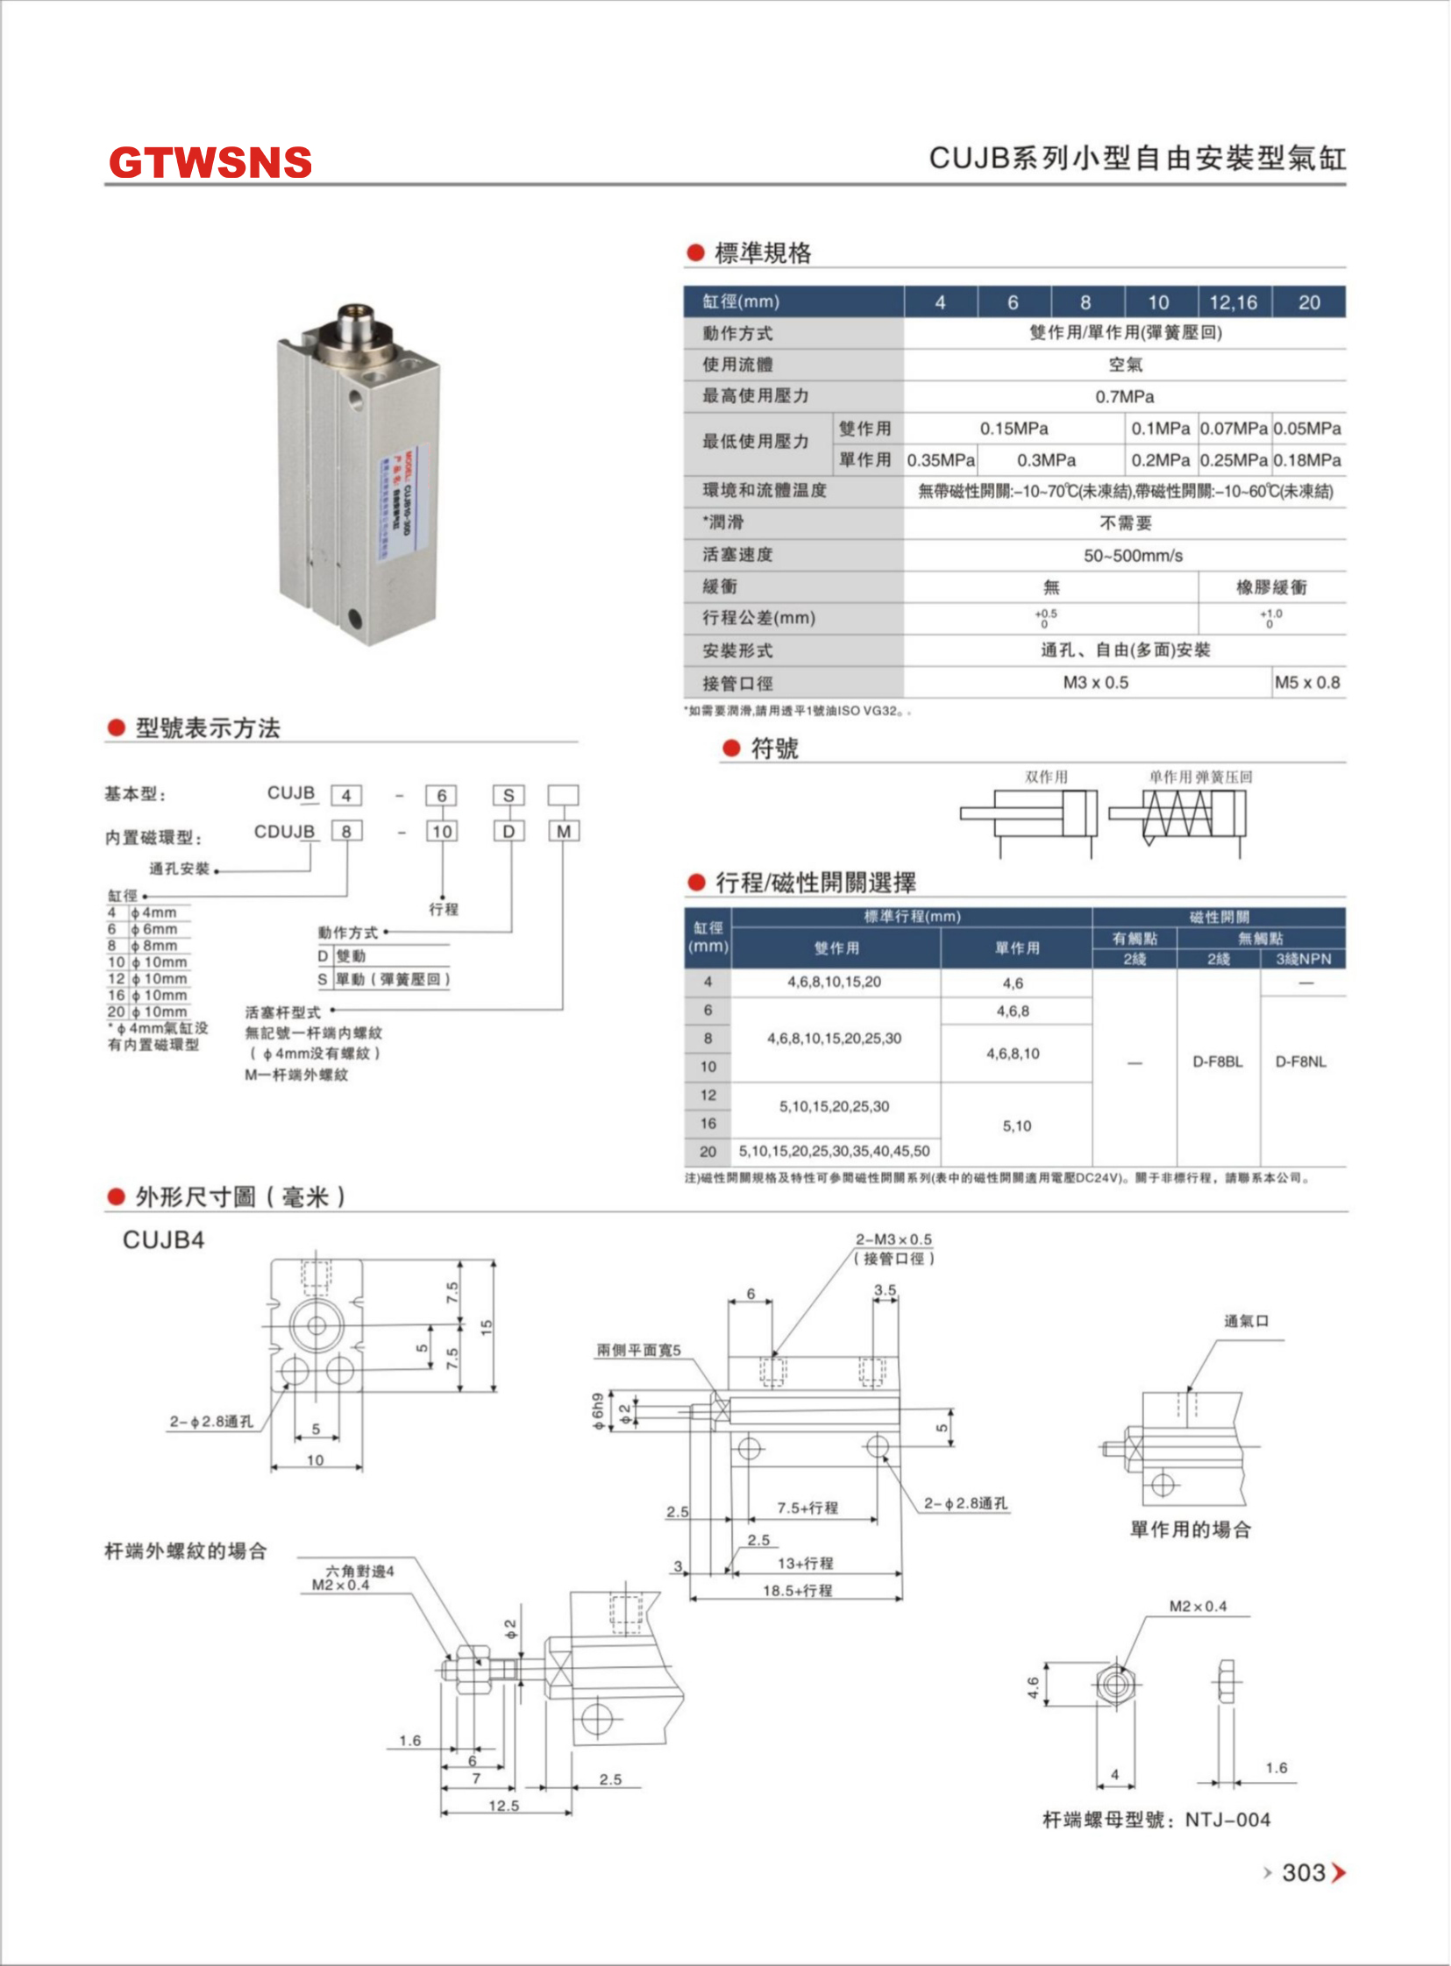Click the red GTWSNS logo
pyautogui.click(x=210, y=162)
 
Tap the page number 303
pyautogui.click(x=1303, y=1872)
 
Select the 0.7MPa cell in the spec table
pyautogui.click(x=1124, y=397)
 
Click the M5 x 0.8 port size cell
pyautogui.click(x=1307, y=682)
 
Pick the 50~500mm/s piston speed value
pyautogui.click(x=1132, y=556)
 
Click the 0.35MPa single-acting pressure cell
pyautogui.click(x=941, y=460)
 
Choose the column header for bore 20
pyautogui.click(x=1309, y=302)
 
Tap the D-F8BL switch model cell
pyautogui.click(x=1218, y=1061)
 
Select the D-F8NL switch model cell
pyautogui.click(x=1301, y=1061)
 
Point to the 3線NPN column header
pyautogui.click(x=1304, y=959)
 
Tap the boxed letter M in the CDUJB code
pyautogui.click(x=564, y=832)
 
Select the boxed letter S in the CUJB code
pyautogui.click(x=509, y=796)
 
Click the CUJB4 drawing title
pyautogui.click(x=163, y=1240)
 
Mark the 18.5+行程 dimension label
pyautogui.click(x=797, y=1590)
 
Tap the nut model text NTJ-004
pyautogui.click(x=1227, y=1820)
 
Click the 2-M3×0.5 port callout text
pyautogui.click(x=893, y=1239)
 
